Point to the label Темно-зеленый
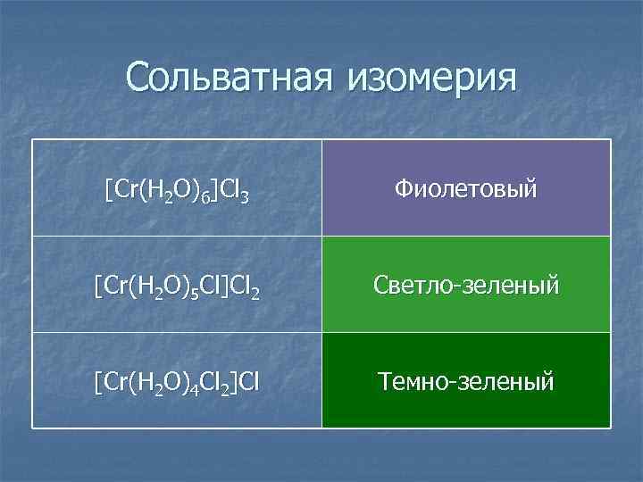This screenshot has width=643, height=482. (466, 382)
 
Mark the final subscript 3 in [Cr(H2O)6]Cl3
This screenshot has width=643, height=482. (244, 195)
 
